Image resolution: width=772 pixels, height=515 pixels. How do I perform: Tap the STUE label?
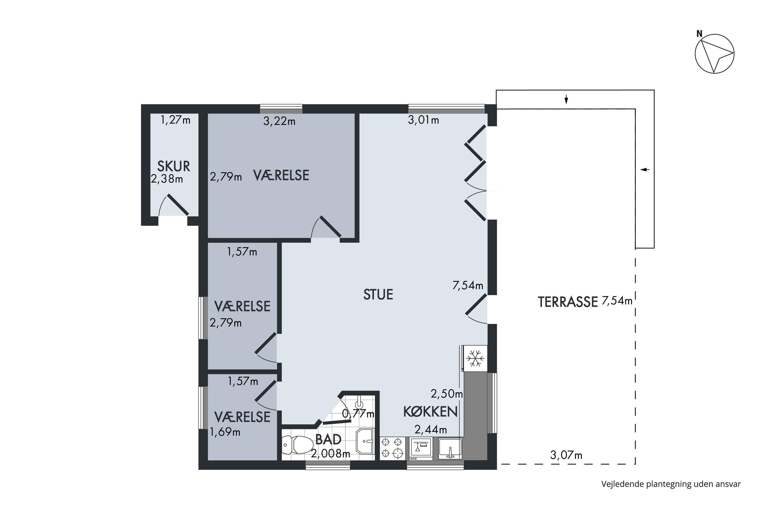[378, 294]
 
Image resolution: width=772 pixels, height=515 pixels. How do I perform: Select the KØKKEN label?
[430, 411]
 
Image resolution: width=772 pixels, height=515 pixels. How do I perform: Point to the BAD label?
[328, 439]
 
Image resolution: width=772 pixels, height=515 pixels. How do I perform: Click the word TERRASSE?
[567, 302]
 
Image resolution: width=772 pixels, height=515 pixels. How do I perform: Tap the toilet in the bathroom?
[298, 445]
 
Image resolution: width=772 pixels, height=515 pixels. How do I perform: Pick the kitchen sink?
[450, 448]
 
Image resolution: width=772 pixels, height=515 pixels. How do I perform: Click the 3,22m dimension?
[279, 121]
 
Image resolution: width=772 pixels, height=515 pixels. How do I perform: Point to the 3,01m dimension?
[423, 120]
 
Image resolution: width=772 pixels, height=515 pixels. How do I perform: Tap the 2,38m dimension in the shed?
[167, 179]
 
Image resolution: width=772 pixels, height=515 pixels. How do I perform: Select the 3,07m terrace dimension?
[566, 455]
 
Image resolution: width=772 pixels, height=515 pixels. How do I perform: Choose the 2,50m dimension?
[447, 393]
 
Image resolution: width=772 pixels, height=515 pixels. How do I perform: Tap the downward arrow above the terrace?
[566, 99]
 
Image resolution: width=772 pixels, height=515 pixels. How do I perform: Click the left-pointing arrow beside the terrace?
[645, 169]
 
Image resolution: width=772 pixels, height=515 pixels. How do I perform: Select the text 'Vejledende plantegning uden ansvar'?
[671, 484]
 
